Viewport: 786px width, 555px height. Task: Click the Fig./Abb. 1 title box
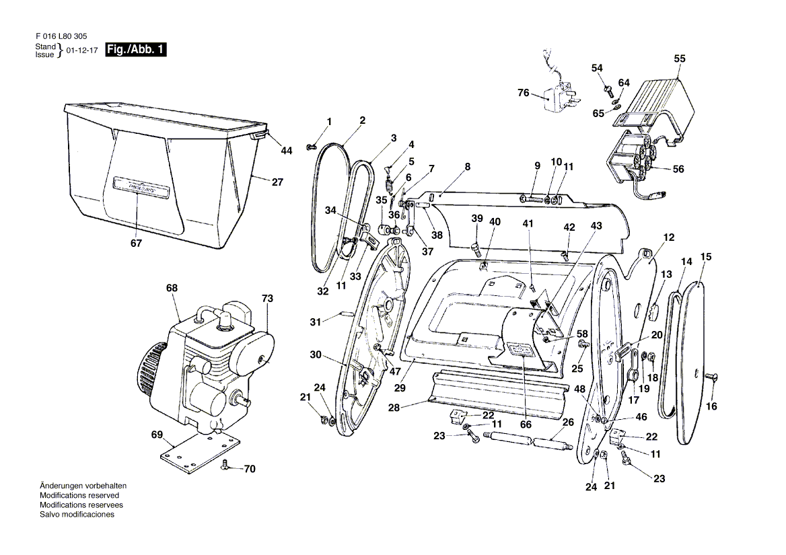pyautogui.click(x=135, y=50)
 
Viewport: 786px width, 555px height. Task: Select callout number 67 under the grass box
pyautogui.click(x=137, y=244)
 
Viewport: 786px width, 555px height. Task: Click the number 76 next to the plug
pyautogui.click(x=524, y=93)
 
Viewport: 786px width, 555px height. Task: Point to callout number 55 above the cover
pyautogui.click(x=680, y=59)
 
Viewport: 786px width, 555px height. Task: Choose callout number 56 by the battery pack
pyautogui.click(x=678, y=170)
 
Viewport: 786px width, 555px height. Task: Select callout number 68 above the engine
pyautogui.click(x=172, y=288)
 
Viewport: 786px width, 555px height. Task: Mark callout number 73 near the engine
pyautogui.click(x=268, y=298)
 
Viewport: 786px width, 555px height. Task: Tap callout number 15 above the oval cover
pyautogui.click(x=706, y=256)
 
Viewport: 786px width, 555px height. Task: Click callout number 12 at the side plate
pyautogui.click(x=668, y=237)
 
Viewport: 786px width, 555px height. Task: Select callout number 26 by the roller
pyautogui.click(x=568, y=422)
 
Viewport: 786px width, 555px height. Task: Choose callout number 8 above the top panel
pyautogui.click(x=468, y=166)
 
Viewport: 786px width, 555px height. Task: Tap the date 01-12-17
pyautogui.click(x=83, y=50)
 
